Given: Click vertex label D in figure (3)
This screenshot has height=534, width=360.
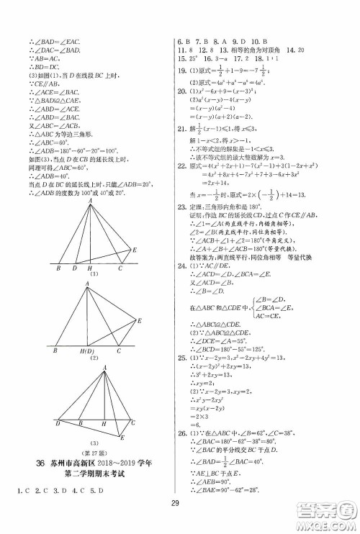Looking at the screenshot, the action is click(x=58, y=424).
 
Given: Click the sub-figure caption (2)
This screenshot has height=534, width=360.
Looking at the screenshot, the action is click(x=92, y=361).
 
